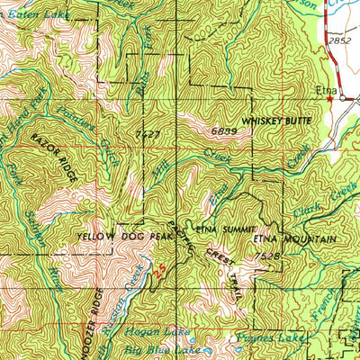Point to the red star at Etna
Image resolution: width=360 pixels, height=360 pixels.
click(330, 100)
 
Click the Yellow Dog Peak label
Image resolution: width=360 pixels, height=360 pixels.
click(119, 238)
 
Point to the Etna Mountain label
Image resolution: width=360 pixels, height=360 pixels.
click(294, 240)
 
